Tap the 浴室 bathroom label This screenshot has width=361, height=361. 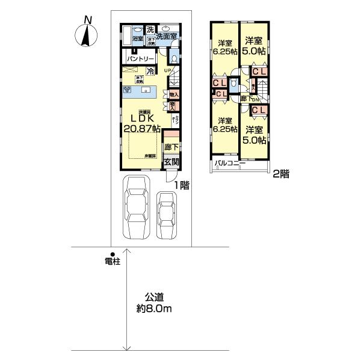(x=137, y=39)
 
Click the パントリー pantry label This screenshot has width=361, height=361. (x=142, y=59)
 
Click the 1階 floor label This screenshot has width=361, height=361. (x=183, y=186)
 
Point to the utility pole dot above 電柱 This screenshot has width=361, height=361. (x=111, y=254)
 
